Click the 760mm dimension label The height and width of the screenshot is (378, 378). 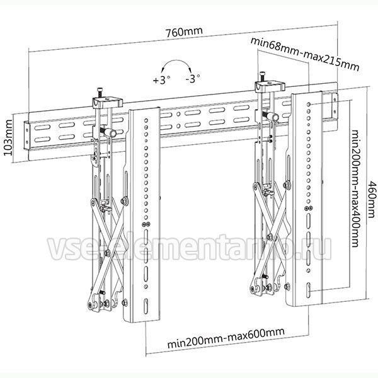click(184, 32)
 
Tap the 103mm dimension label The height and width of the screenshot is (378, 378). click(8, 137)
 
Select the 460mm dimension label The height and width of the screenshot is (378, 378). click(372, 199)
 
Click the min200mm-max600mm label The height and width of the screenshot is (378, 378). click(226, 338)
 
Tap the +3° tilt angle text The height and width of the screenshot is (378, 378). click(161, 79)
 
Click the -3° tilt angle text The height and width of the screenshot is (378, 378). click(193, 78)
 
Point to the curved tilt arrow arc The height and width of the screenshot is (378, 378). click(176, 60)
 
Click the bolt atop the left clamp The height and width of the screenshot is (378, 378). click(100, 93)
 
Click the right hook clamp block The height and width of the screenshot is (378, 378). click(270, 86)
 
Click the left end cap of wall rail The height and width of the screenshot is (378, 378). click(26, 137)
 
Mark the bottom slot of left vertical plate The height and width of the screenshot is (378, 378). click(146, 306)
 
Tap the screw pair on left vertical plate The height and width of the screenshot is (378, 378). click(146, 224)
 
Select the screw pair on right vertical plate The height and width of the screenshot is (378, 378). click(309, 208)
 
